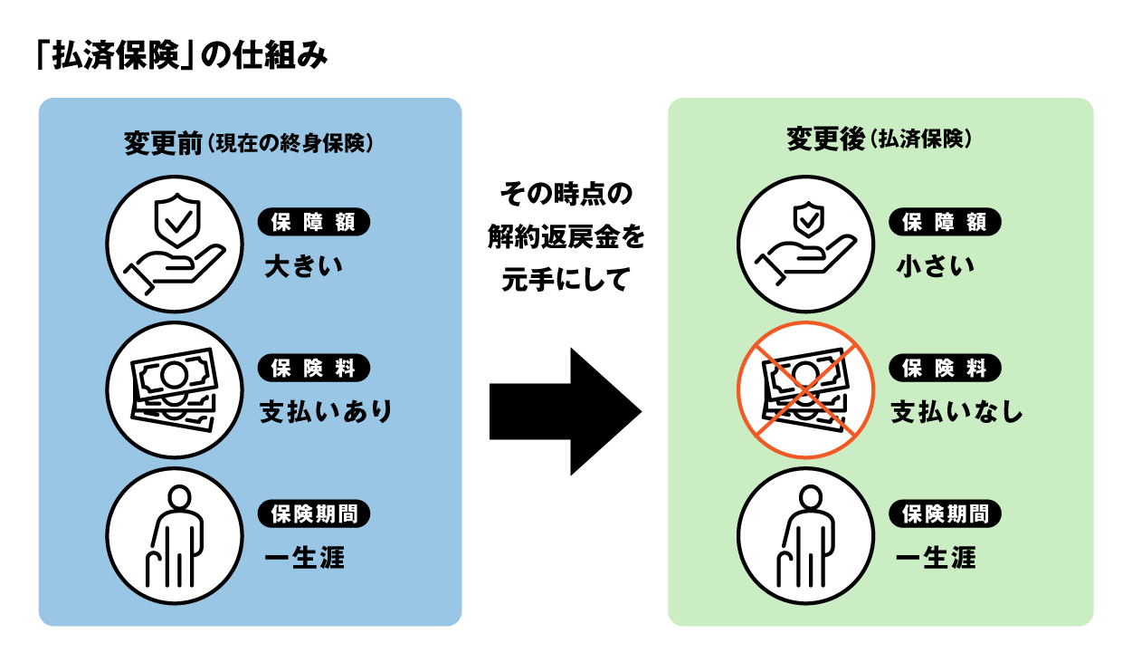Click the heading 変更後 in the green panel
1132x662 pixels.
pyautogui.click(x=825, y=140)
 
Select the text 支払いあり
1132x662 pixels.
pyautogui.click(x=327, y=412)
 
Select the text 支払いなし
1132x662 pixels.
pyautogui.click(x=957, y=412)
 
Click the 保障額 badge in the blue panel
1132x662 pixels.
pyautogui.click(x=314, y=222)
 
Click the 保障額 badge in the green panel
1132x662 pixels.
pyautogui.click(x=946, y=222)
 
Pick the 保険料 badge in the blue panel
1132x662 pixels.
pyautogui.click(x=314, y=368)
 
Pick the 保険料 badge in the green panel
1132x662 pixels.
pyautogui.click(x=946, y=368)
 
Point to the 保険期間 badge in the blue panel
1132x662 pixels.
pyautogui.click(x=314, y=513)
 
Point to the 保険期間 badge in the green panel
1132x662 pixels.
pyautogui.click(x=946, y=513)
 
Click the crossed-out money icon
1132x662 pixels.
pyautogui.click(x=805, y=390)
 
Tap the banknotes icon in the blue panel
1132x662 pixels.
pyautogui.click(x=175, y=390)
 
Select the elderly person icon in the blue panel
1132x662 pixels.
pyautogui.click(x=175, y=536)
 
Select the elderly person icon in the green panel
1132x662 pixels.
pyautogui.click(x=805, y=536)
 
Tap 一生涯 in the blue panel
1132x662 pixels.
pyautogui.click(x=304, y=558)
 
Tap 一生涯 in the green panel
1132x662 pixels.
pyautogui.click(x=936, y=558)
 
